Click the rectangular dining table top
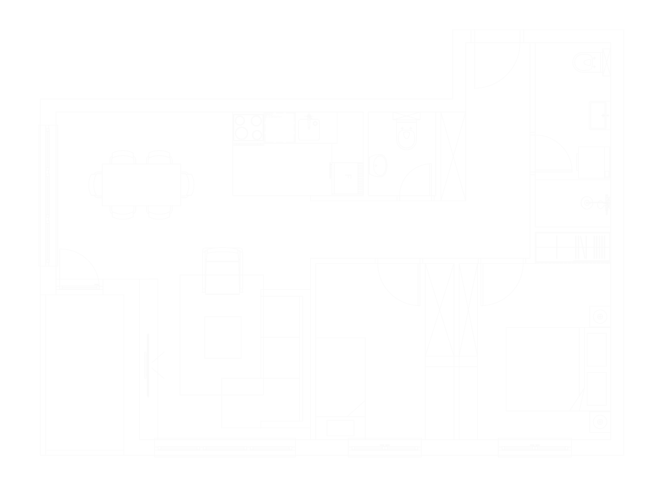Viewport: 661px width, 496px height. [142, 185]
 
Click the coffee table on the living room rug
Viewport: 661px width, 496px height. [223, 337]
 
